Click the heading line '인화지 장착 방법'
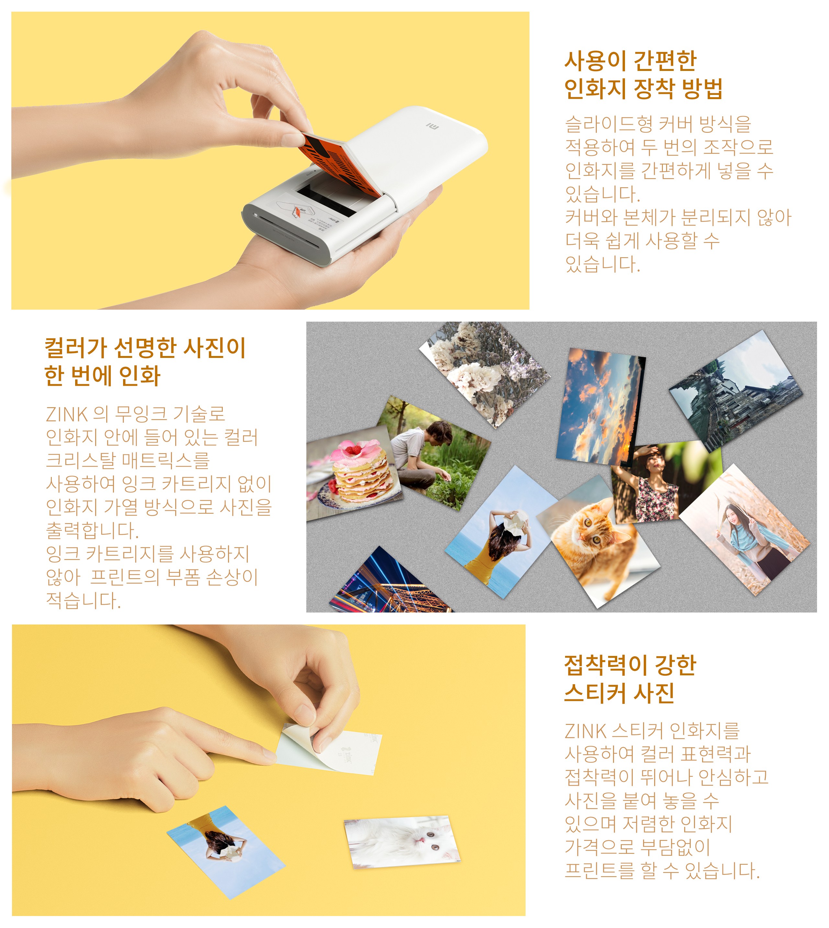tap(643, 88)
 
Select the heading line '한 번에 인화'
tap(102, 376)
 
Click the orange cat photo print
tap(598, 543)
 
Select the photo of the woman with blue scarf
tap(745, 530)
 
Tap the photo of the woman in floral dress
tap(666, 484)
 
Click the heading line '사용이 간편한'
tap(630, 61)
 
